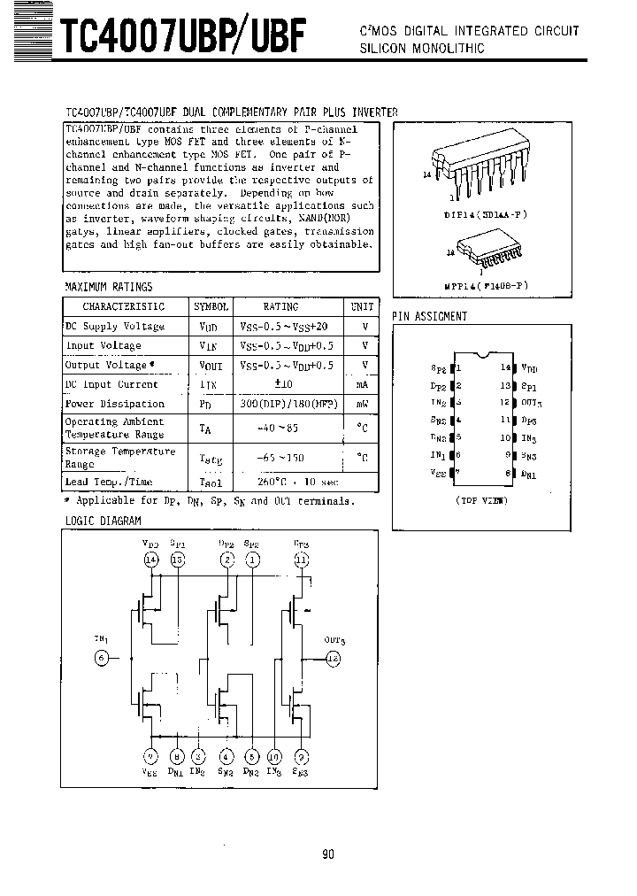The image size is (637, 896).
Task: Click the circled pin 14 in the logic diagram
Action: [x=150, y=560]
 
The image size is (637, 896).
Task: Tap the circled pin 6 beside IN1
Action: [x=102, y=657]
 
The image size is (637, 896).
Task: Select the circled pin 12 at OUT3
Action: [x=334, y=658]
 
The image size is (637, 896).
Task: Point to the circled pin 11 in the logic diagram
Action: [x=302, y=560]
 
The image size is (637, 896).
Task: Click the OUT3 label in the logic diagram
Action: [x=334, y=640]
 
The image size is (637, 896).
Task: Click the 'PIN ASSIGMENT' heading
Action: [x=429, y=316]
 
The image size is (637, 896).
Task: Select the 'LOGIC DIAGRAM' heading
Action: [x=104, y=521]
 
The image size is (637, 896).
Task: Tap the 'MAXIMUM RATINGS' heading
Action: [x=109, y=287]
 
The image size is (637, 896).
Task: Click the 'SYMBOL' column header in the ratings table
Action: [x=211, y=306]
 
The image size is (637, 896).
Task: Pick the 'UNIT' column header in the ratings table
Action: [x=362, y=306]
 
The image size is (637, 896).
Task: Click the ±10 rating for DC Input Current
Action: [x=284, y=384]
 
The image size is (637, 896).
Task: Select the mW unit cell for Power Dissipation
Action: [x=362, y=404]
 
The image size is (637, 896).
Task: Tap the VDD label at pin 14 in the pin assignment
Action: [x=529, y=367]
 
